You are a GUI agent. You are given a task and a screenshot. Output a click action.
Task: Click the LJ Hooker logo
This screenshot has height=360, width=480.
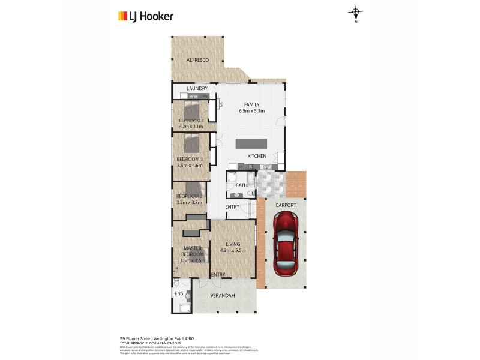click(x=145, y=16)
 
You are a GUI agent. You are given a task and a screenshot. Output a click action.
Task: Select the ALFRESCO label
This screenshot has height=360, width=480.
click(x=197, y=61)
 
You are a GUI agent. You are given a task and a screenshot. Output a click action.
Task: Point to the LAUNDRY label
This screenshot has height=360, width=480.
click(x=197, y=89)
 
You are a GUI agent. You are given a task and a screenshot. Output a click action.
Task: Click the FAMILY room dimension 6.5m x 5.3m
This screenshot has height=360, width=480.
click(x=251, y=111)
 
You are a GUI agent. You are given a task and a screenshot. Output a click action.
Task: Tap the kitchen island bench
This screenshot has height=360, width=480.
click(x=251, y=143)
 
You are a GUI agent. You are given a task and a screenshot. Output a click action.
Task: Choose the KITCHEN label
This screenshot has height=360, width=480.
click(x=257, y=156)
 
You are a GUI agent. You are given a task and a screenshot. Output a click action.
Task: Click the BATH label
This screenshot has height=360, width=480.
click(x=241, y=185)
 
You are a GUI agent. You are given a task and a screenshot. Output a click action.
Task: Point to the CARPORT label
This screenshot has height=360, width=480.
click(x=286, y=205)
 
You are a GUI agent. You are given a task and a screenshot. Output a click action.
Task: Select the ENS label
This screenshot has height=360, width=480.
click(x=178, y=293)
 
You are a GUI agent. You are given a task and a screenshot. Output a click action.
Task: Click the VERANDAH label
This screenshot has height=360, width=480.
click(x=222, y=296)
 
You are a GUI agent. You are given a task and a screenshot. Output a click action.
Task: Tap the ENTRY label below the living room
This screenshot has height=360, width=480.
click(x=218, y=275)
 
